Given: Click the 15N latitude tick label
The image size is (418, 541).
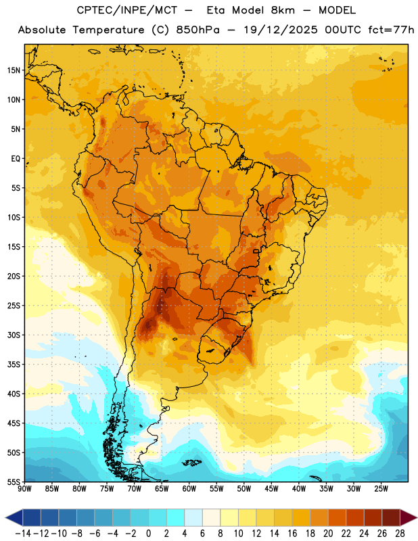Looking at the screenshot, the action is point(14,70).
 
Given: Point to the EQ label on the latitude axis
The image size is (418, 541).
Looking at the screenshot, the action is point(16,159).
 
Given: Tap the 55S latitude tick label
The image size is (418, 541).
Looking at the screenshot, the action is point(14,481).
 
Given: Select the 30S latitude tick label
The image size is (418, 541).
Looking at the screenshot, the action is point(14,335).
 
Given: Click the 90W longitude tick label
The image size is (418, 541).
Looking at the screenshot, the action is point(25,489).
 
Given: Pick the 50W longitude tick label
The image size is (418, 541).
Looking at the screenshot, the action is point(244,489).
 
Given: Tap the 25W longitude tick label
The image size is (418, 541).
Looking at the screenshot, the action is point(381,489).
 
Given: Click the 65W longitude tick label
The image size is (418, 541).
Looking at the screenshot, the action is point(162,489).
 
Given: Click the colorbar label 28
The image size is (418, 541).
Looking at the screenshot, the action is point(400,534).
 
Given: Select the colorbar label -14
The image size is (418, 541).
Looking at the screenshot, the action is point(23,534).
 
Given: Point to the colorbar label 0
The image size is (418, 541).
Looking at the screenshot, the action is point(148,534).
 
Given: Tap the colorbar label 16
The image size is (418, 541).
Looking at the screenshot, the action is point(292,534).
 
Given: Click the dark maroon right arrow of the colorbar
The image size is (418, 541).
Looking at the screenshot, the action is point(409,518).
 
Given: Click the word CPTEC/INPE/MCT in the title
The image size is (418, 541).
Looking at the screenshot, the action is point(127,10).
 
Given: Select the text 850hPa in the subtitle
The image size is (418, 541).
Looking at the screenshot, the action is point(198,30).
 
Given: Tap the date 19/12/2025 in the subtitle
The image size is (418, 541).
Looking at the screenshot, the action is point(281,30).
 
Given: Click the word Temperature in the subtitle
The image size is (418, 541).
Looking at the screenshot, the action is point(108,30).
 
